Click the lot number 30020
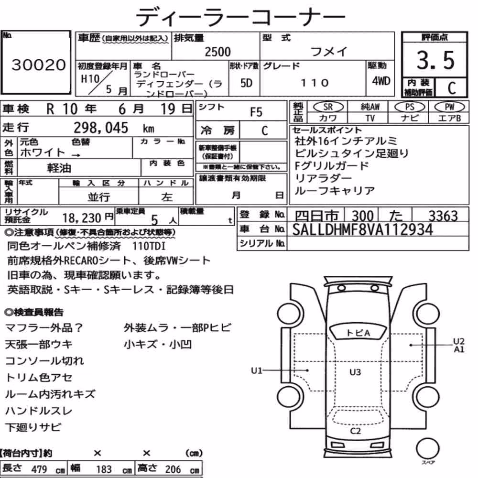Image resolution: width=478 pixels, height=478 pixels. coord(38,65)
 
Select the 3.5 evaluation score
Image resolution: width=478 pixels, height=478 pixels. coord(435,60)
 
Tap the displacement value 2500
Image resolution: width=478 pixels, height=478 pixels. coord(217,52)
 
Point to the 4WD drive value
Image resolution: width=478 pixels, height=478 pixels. coord(381,81)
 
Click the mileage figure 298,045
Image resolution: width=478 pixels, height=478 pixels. coord(101,128)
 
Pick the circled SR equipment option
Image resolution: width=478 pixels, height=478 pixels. coord(328,107)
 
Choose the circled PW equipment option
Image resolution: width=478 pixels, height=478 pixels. coord(449,107)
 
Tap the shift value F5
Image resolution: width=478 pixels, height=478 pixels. coord(256,112)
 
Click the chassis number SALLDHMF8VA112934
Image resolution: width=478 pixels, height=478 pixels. coord(362,229)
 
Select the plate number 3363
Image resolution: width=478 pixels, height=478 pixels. coord(443,216)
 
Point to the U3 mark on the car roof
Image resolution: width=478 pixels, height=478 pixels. coord(355,372)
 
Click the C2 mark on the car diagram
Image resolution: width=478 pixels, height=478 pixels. coord(356,431)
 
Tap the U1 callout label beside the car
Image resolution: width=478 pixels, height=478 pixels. coord(256,370)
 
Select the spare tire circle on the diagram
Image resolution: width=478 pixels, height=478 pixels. coord(428,448)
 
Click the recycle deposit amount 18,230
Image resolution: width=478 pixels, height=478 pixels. coord(82,218)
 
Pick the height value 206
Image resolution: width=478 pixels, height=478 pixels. coord(173,469)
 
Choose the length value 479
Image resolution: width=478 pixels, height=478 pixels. coord(39,469)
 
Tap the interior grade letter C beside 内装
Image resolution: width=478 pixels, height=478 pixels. coord(452,88)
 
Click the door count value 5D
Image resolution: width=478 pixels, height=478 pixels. coord(246,83)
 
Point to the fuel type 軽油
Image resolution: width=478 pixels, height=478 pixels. coord(59,168)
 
